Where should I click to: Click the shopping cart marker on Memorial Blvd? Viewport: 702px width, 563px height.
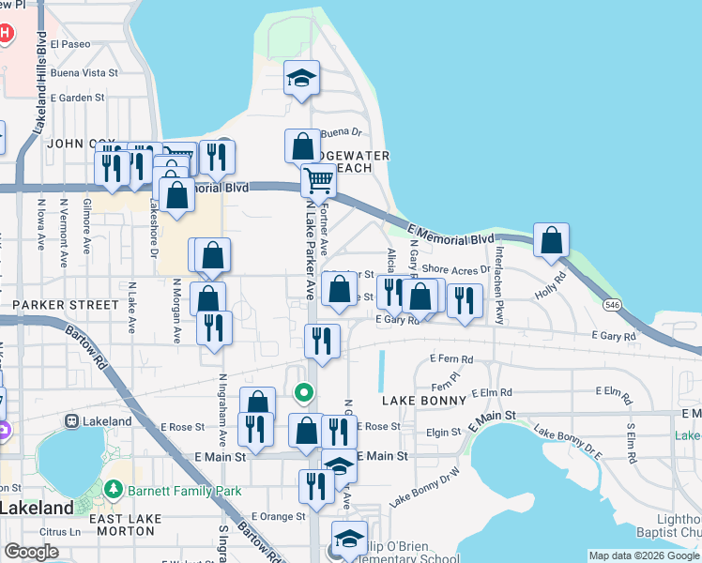click(319, 179)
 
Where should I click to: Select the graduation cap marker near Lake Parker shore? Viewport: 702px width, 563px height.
click(302, 78)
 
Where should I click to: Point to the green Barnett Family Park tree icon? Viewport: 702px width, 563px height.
click(114, 490)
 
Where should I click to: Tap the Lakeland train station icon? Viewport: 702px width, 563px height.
click(70, 421)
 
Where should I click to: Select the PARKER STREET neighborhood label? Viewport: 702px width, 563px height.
click(66, 305)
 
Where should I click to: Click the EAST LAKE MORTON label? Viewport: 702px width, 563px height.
click(122, 519)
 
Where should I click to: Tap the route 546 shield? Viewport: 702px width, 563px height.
click(613, 306)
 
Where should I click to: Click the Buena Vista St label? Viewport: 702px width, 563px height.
click(84, 72)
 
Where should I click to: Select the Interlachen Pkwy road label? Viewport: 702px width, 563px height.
click(501, 285)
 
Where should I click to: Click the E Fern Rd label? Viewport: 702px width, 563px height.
click(451, 359)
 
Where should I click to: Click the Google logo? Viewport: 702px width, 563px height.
click(31, 552)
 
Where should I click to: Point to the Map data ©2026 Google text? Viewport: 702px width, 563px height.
click(643, 555)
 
